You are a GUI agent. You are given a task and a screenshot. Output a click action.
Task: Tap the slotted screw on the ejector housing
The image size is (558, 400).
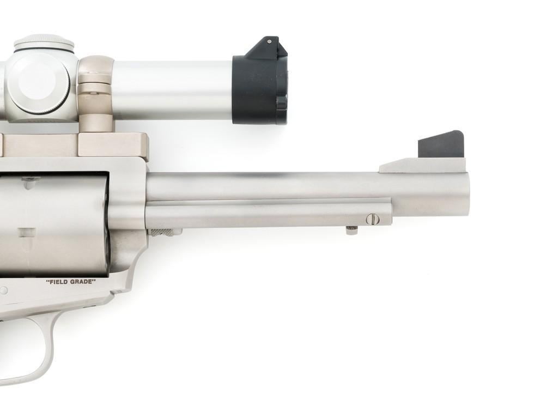(x=371, y=219)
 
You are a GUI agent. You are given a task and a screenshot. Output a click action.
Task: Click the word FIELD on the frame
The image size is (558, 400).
(x=59, y=282)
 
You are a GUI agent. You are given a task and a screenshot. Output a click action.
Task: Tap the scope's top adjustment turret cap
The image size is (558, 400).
(x=44, y=44)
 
